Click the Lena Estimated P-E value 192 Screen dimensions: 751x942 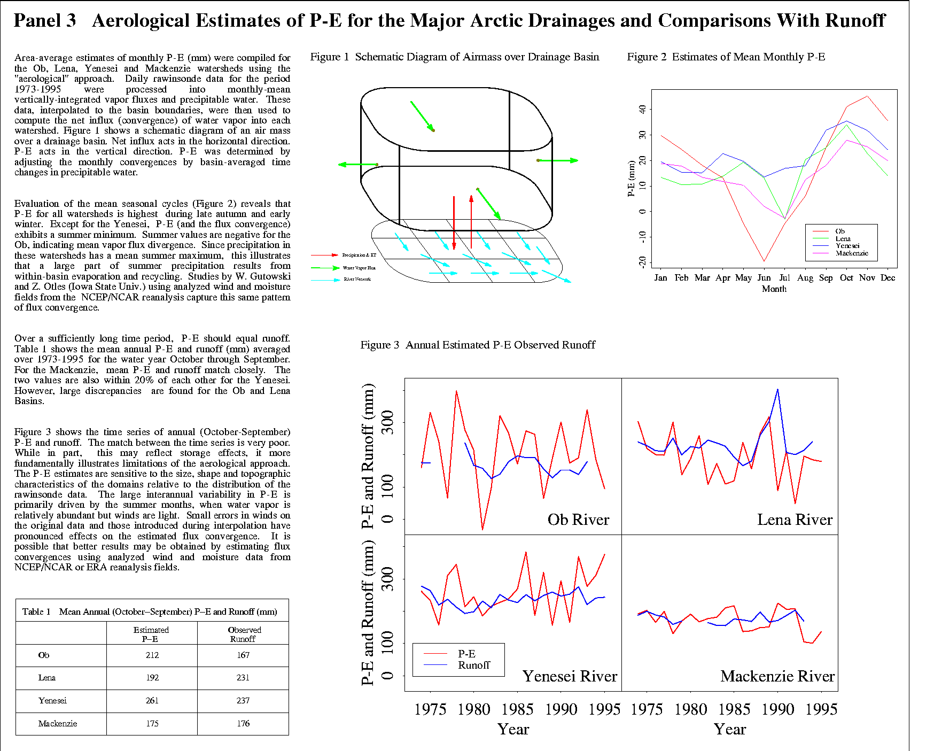tap(152, 678)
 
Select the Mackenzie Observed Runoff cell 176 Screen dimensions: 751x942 tap(243, 724)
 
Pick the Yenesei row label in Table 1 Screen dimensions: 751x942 tap(52, 701)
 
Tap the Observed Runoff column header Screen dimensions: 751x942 tap(244, 634)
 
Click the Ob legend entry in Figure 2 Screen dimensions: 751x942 tap(840, 231)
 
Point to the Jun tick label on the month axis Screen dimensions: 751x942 tap(764, 278)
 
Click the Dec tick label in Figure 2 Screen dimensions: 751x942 tap(887, 278)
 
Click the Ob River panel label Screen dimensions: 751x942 tap(578, 520)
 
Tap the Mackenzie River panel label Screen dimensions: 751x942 tap(777, 676)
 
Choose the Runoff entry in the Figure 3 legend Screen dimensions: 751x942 tap(474, 665)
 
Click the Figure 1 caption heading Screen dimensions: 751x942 tap(455, 57)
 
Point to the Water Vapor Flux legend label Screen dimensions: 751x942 tap(359, 268)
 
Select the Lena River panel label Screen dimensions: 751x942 tap(795, 520)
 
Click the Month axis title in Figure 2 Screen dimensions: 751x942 tap(774, 289)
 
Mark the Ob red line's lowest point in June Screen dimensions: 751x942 tap(764, 261)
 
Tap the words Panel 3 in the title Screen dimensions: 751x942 tap(45, 21)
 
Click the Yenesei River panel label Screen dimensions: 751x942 tap(570, 676)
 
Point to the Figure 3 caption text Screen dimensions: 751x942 tap(478, 345)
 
